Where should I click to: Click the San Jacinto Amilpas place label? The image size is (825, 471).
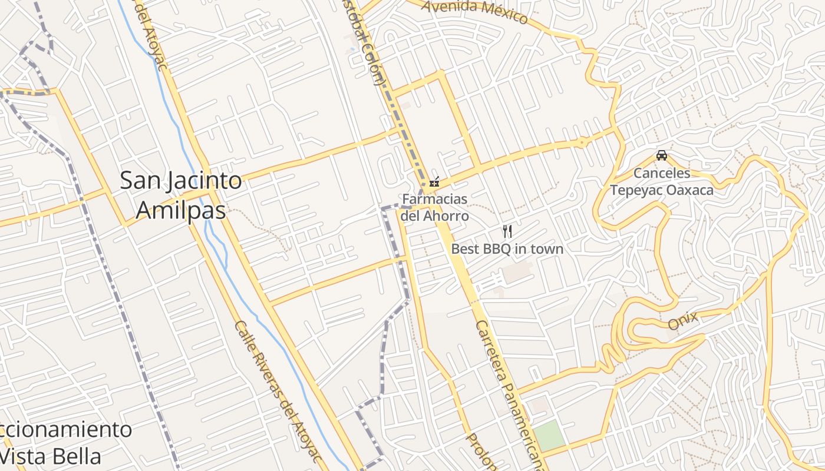pyautogui.click(x=181, y=195)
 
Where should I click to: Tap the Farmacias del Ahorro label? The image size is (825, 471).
pyautogui.click(x=435, y=207)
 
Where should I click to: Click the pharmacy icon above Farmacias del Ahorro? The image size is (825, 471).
pyautogui.click(x=435, y=182)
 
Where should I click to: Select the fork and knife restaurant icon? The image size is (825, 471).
pyautogui.click(x=507, y=231)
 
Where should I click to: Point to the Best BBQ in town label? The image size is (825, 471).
pyautogui.click(x=507, y=249)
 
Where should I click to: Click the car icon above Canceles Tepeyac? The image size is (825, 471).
pyautogui.click(x=662, y=155)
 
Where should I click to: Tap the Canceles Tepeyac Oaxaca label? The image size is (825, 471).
pyautogui.click(x=662, y=181)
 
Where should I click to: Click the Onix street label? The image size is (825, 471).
pyautogui.click(x=683, y=321)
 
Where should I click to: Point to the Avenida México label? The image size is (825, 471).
pyautogui.click(x=475, y=10)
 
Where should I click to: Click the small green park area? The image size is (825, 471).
pyautogui.click(x=549, y=436)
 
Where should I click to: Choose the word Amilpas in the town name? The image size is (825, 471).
pyautogui.click(x=181, y=210)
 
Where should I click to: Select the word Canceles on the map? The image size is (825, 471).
pyautogui.click(x=662, y=173)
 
